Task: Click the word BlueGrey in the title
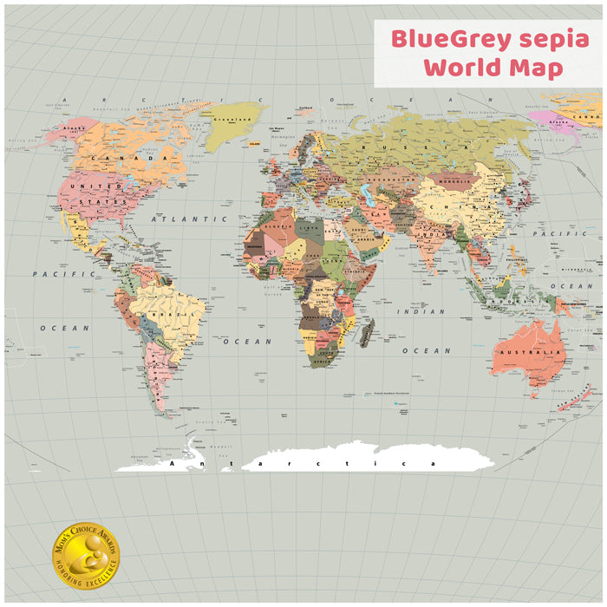[x=441, y=40]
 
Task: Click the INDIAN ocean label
[x=421, y=311]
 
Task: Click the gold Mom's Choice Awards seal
[x=86, y=555]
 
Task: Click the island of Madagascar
[x=367, y=332]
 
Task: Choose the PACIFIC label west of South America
[x=52, y=274]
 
